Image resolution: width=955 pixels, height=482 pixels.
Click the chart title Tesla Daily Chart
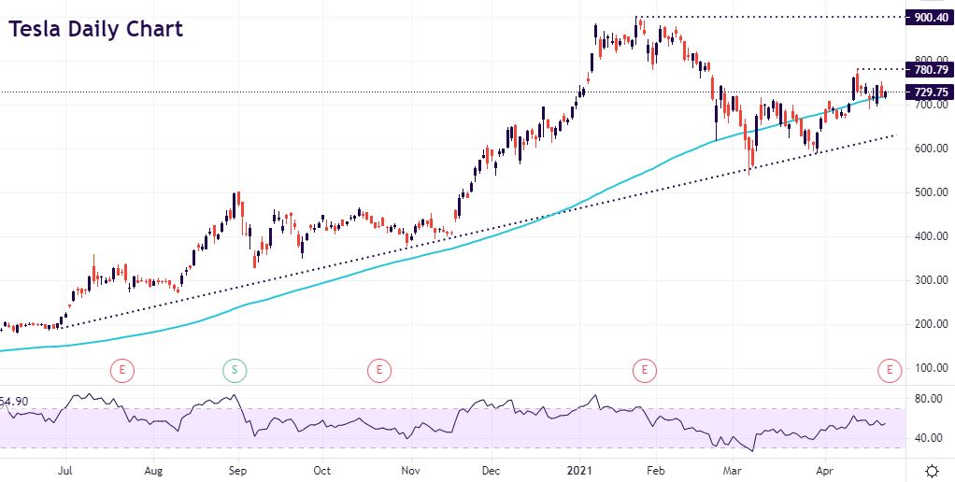click(95, 29)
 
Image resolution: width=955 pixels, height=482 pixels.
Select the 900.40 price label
click(931, 17)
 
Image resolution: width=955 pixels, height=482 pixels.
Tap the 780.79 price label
click(931, 69)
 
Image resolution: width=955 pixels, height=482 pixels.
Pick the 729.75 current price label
click(931, 92)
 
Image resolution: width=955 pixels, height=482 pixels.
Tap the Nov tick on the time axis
click(408, 470)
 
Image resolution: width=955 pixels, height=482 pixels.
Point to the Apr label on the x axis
click(823, 470)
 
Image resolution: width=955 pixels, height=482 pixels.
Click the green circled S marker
click(234, 371)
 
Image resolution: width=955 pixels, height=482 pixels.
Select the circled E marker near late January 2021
click(643, 371)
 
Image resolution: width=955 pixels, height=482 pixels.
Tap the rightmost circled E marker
click(889, 371)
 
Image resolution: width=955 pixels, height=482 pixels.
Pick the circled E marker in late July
click(122, 371)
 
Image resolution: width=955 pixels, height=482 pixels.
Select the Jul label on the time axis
click(65, 470)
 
